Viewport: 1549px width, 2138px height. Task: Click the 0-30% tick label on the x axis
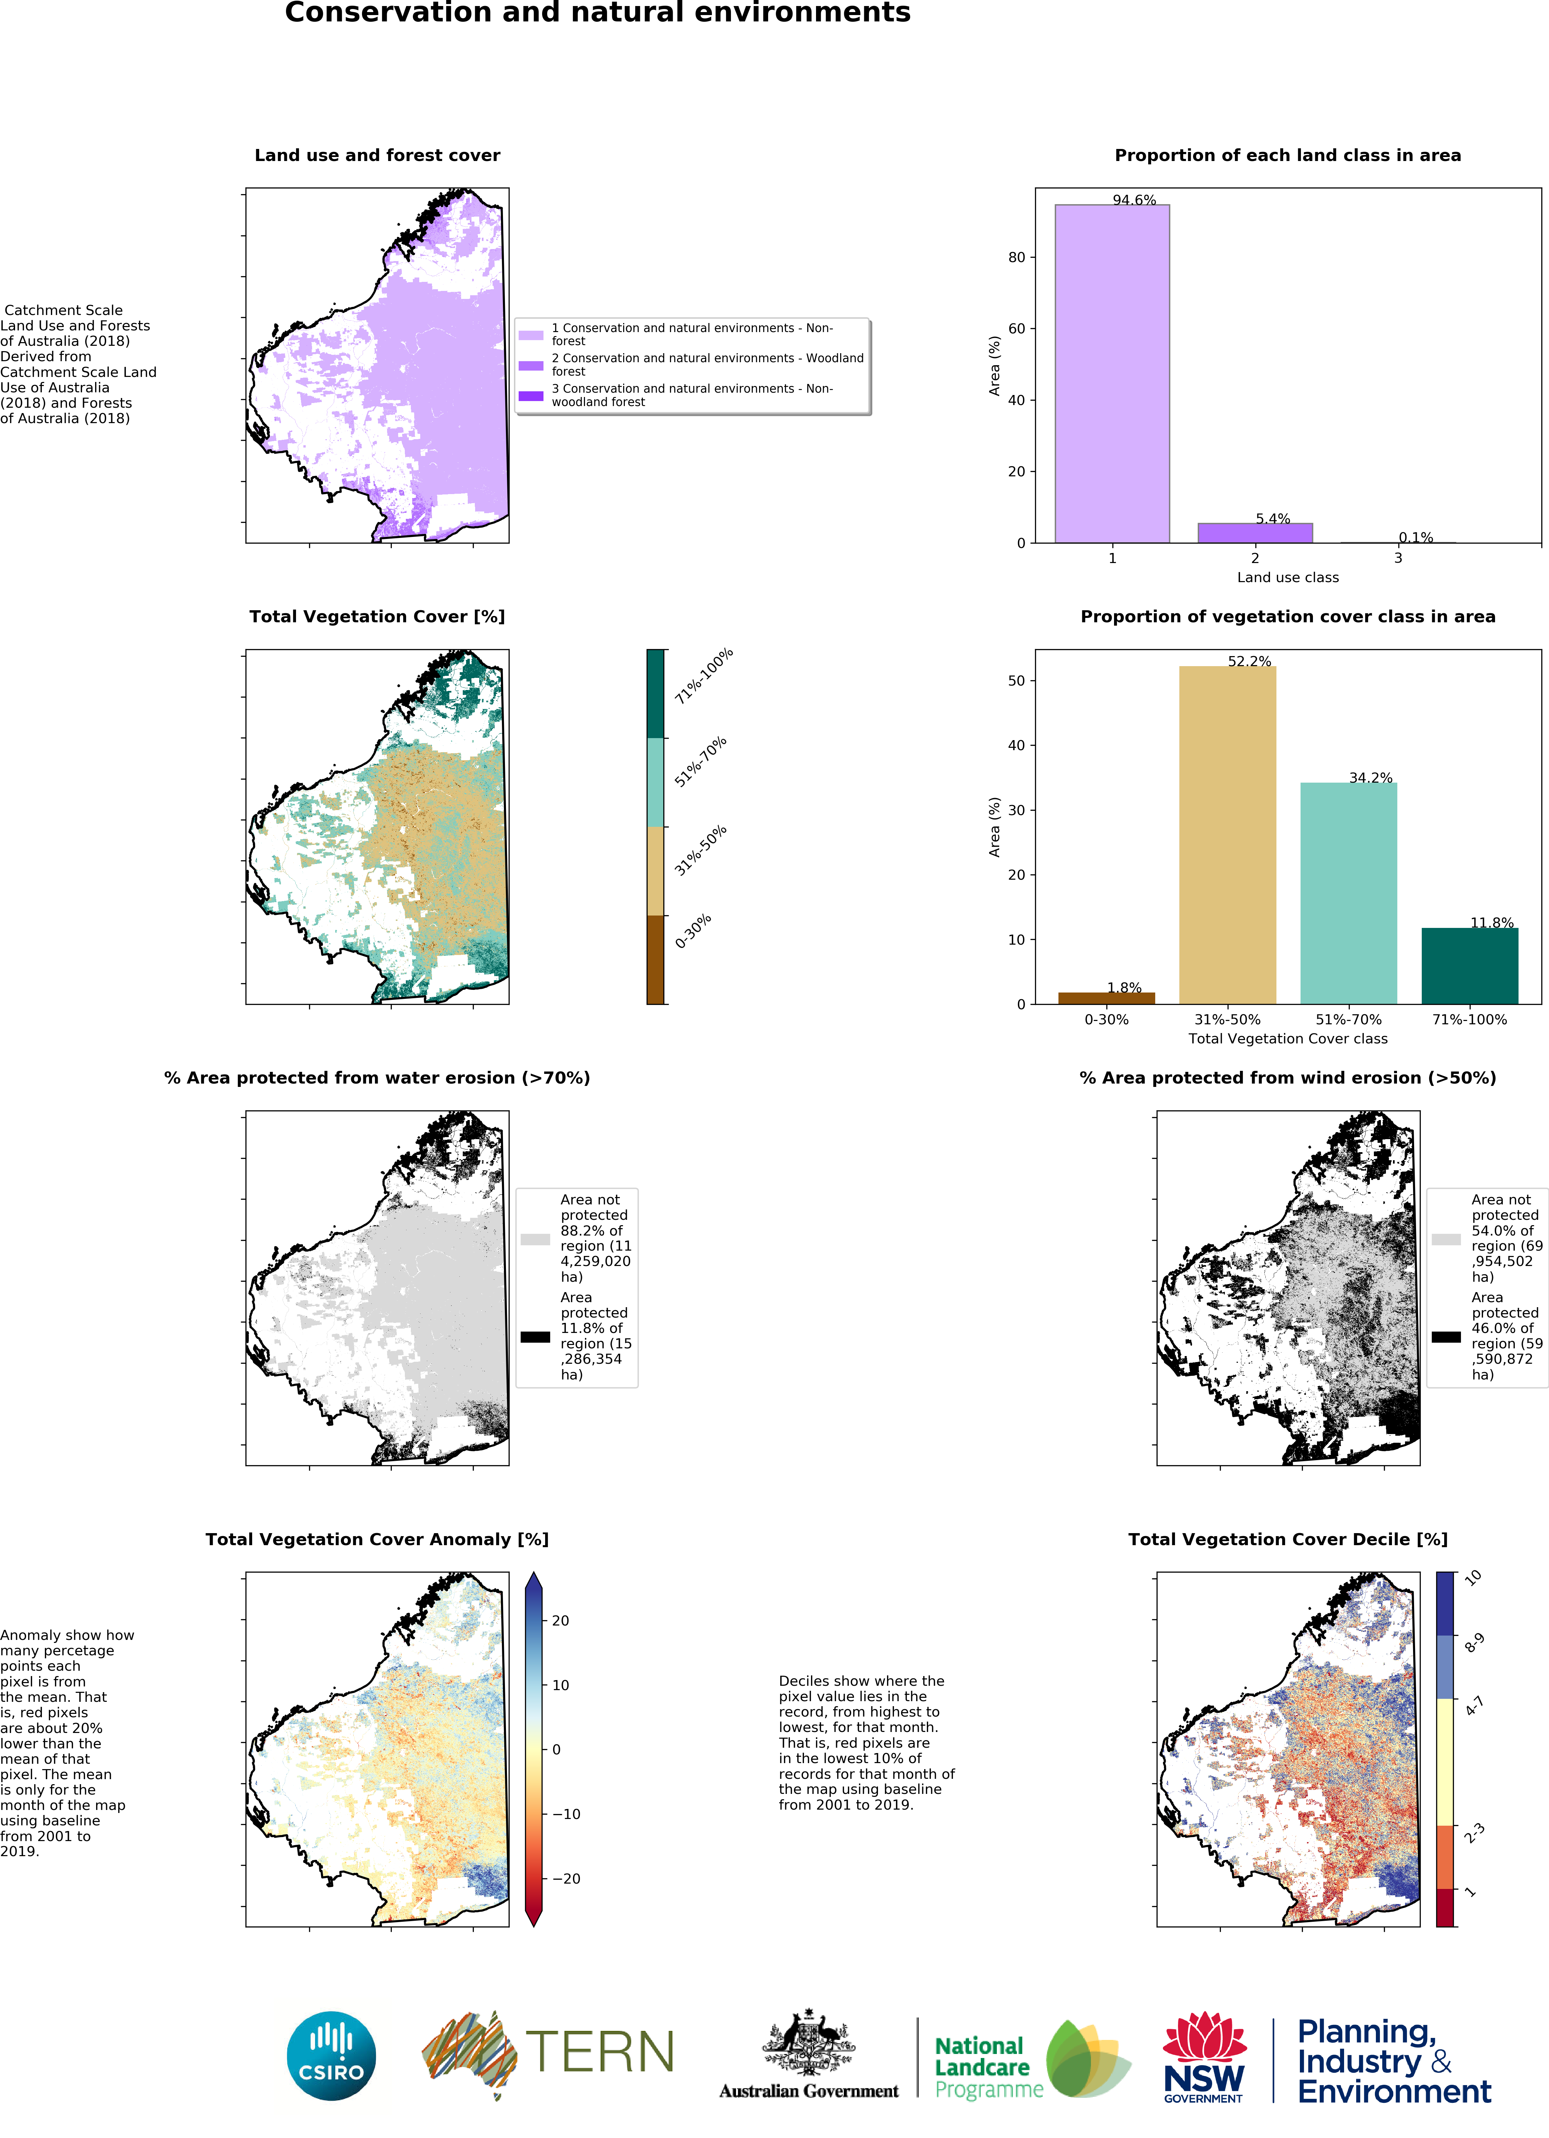click(1106, 1019)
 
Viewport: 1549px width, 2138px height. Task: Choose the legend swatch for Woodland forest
click(531, 365)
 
